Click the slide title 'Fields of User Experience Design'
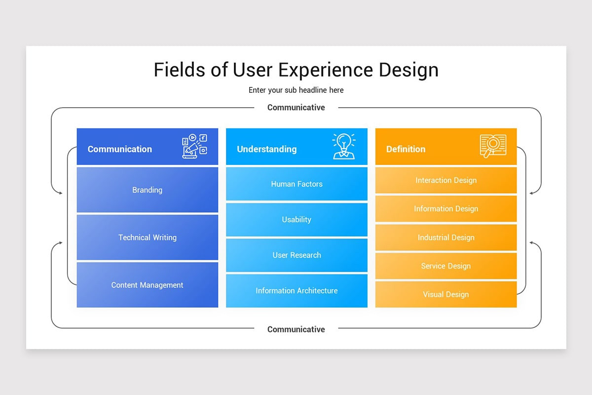click(296, 70)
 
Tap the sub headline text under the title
click(296, 90)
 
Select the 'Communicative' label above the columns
click(296, 108)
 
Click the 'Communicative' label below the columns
click(296, 329)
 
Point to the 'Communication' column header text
click(120, 149)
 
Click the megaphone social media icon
click(194, 146)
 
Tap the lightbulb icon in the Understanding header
click(344, 146)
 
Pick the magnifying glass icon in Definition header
click(493, 146)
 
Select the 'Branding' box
click(147, 190)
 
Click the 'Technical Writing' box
click(147, 237)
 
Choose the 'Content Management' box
click(147, 285)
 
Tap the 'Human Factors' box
click(296, 184)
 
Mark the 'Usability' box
click(296, 220)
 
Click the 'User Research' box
click(296, 255)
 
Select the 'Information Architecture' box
click(296, 291)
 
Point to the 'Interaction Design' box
click(446, 180)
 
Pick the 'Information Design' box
click(446, 209)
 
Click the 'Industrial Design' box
click(446, 237)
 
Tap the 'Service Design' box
click(446, 266)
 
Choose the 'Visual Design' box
click(446, 294)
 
